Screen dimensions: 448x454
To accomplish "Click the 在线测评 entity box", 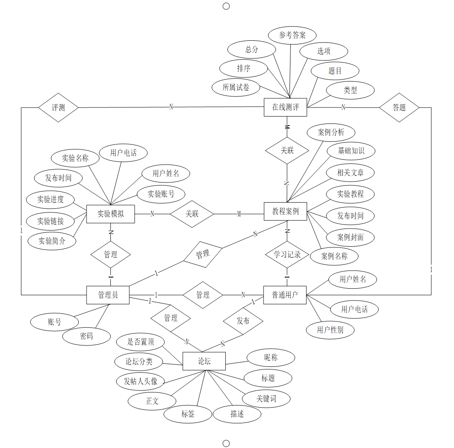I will (x=286, y=107).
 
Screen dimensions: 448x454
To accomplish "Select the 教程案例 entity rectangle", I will (x=286, y=212).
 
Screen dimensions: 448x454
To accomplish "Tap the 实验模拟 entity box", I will (x=110, y=214).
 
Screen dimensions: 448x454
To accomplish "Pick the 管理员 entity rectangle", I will (x=108, y=295).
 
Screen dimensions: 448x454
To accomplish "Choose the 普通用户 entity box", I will (x=285, y=295).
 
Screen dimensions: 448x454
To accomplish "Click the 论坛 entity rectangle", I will (x=204, y=361).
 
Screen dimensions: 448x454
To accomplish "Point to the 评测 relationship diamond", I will (x=58, y=107).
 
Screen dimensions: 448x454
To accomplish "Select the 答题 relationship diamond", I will (x=399, y=107).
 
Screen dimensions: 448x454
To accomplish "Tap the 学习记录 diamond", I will (x=287, y=254).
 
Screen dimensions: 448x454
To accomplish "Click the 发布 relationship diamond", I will (x=243, y=321).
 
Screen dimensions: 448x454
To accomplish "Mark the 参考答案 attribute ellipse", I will (x=292, y=35).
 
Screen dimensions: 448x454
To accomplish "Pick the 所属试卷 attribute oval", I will (x=236, y=87).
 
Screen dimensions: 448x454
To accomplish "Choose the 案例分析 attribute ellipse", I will (x=331, y=133).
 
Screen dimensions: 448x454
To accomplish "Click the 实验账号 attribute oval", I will (x=161, y=194).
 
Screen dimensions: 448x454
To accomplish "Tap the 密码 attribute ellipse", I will (x=87, y=336).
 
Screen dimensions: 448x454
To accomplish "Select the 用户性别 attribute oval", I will (x=330, y=330).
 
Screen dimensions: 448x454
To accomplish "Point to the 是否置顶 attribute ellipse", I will (x=140, y=341).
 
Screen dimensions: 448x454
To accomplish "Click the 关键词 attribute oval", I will (x=266, y=398).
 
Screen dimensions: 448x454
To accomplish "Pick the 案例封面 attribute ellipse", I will (x=350, y=237).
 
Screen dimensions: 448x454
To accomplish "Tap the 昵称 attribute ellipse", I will (x=271, y=357).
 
